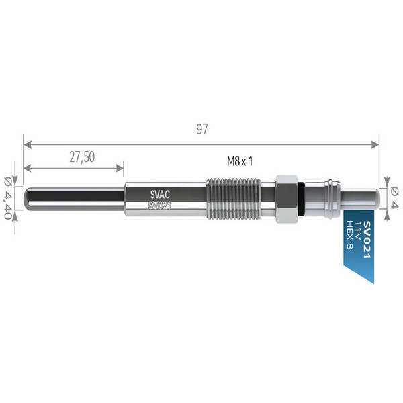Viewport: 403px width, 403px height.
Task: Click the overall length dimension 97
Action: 201,130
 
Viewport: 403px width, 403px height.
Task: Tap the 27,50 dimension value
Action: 81,156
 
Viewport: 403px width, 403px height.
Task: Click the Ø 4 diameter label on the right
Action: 394,197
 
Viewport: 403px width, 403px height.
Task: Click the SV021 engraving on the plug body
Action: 159,205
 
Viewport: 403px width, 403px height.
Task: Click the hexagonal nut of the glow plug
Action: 286,199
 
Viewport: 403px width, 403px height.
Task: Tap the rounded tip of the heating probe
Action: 28,199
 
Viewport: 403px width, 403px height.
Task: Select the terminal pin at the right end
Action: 360,199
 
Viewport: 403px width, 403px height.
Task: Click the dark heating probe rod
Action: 74,199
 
